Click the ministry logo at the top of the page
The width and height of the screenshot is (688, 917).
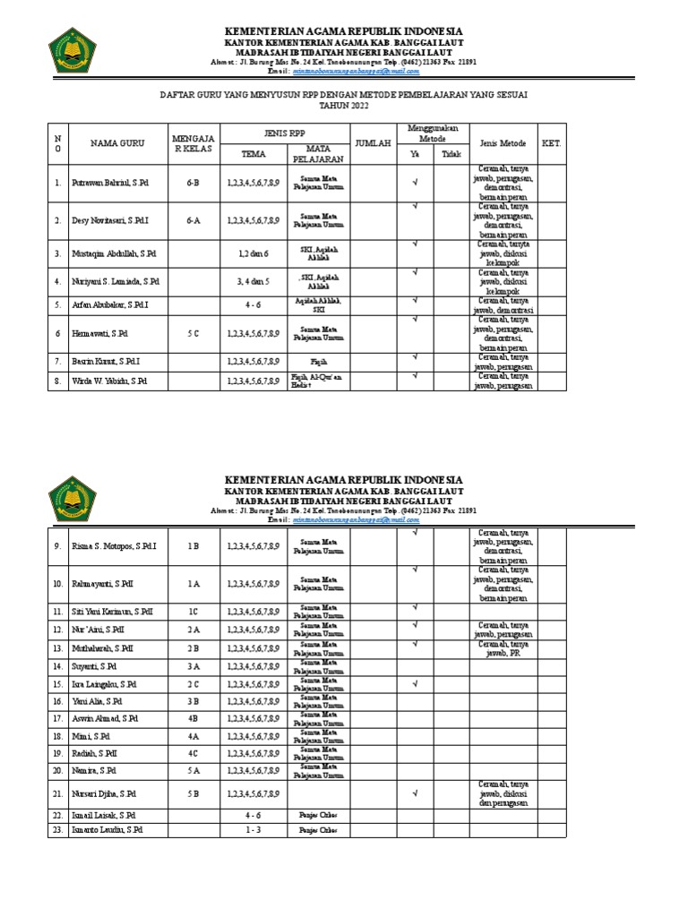72,51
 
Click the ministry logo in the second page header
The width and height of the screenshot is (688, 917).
72,500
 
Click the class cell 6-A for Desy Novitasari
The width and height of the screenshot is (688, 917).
193,219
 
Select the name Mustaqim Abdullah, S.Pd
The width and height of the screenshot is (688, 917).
114,253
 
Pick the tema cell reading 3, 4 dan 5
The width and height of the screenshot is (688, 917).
254,281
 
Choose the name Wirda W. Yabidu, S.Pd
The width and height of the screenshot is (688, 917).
110,381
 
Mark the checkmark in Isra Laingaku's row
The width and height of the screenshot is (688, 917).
416,683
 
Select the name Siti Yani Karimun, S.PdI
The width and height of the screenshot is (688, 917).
113,612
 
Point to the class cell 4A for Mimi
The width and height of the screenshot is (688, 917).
193,735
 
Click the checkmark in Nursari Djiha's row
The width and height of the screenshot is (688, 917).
416,793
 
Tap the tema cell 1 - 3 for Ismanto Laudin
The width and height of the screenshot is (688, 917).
254,830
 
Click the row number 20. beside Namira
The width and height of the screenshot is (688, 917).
57,769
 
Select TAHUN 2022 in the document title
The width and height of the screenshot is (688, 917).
343,105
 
